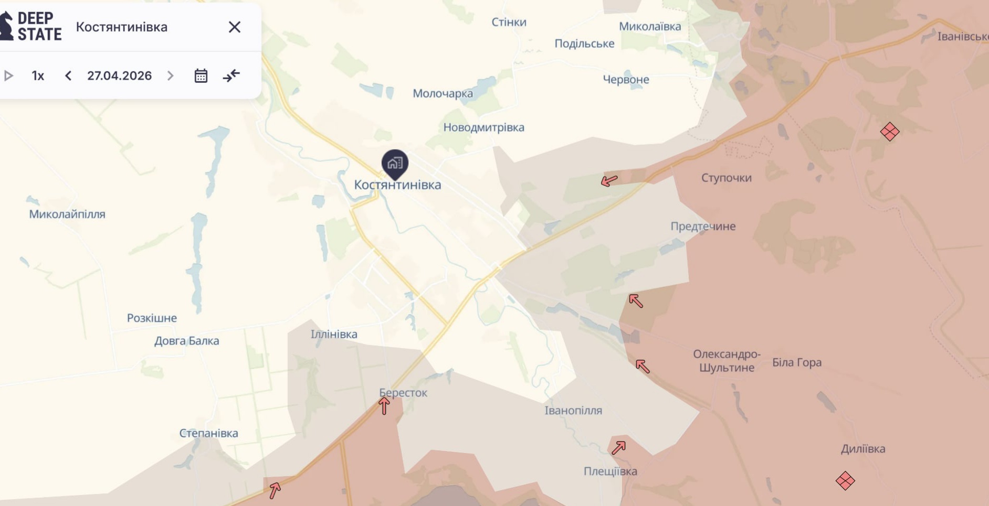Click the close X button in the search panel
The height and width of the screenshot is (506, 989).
click(x=234, y=27)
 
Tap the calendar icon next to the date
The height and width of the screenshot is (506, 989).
click(x=201, y=76)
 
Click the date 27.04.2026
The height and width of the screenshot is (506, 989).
click(x=119, y=76)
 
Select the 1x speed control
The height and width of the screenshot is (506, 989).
click(x=38, y=76)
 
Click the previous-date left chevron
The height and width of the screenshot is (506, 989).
click(x=68, y=76)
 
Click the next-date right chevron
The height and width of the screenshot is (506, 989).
click(x=170, y=76)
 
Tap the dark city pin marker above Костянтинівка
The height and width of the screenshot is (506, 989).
click(x=395, y=163)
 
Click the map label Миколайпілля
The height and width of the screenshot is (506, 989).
click(x=67, y=214)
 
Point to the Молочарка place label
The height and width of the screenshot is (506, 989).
click(x=443, y=93)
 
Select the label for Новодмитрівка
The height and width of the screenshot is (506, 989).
click(x=483, y=127)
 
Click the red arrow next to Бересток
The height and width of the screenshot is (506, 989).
click(x=384, y=406)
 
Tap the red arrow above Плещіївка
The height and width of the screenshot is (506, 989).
click(x=618, y=447)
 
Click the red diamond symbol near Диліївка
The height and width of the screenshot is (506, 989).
click(x=845, y=480)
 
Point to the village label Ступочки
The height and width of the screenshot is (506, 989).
click(x=726, y=178)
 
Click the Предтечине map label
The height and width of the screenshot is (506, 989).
click(x=703, y=227)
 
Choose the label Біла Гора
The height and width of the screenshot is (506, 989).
click(x=796, y=362)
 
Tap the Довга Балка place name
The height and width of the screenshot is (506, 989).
click(x=186, y=341)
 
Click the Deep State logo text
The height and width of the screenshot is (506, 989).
click(x=39, y=26)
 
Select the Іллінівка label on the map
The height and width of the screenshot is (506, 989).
click(x=334, y=334)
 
